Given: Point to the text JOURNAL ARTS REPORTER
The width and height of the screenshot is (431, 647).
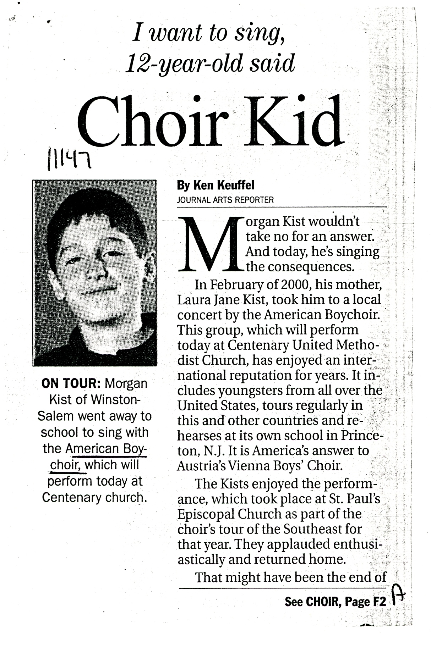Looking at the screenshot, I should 225,200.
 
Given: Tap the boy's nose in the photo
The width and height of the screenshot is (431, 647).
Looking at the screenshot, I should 97,271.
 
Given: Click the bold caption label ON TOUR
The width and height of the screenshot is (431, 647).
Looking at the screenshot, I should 71,383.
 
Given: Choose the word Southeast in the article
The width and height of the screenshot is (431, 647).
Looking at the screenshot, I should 312,529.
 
